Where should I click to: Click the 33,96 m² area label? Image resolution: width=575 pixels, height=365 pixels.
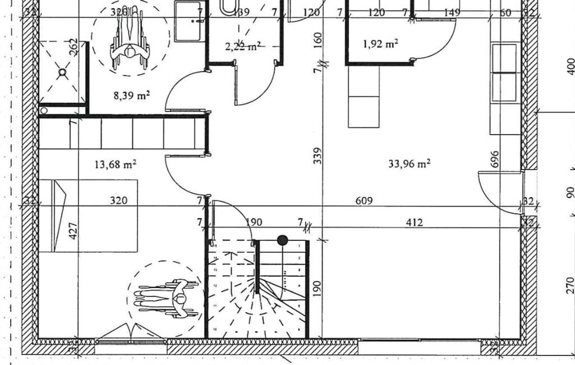click(409, 164)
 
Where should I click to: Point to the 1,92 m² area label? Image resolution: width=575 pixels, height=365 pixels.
click(381, 44)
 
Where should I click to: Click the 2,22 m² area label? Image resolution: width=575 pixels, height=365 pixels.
click(242, 47)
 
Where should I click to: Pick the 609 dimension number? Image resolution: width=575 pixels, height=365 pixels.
click(365, 200)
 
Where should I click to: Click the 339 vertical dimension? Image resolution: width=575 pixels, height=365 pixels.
click(318, 156)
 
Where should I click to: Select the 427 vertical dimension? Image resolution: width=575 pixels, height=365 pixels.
click(72, 231)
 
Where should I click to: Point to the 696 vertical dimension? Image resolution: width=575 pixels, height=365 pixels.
click(494, 160)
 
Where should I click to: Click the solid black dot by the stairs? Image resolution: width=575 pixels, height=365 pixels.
click(282, 240)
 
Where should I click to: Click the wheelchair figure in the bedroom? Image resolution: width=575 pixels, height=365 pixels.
click(167, 298)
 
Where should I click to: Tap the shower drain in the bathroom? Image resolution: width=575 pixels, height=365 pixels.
click(62, 72)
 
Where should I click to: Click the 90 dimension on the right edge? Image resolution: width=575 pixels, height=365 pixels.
click(570, 193)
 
